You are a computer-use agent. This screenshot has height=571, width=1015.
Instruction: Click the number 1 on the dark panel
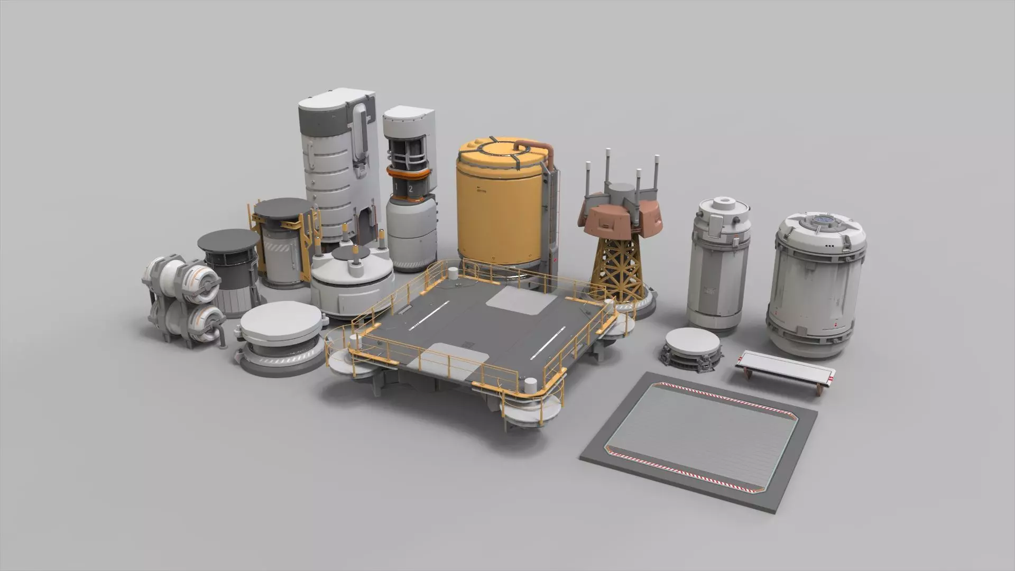[396, 188]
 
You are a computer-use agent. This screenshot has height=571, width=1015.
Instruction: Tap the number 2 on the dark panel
[411, 189]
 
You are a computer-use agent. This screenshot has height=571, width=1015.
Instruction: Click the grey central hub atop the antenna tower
[621, 191]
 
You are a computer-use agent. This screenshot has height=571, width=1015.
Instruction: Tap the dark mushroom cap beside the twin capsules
[228, 241]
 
